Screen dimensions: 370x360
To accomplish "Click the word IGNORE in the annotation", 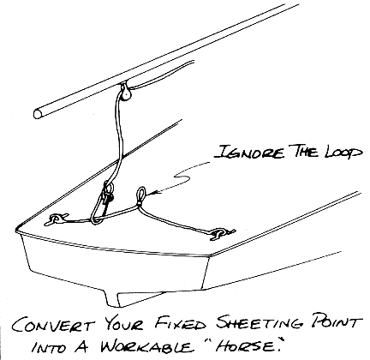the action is coord(249,151).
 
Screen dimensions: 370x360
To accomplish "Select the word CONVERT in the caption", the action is coord(53,325).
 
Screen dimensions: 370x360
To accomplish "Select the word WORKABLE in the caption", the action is coord(146,346).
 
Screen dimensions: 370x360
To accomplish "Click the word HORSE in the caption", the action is coord(245,345).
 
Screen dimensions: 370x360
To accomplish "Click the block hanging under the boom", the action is coord(125,92).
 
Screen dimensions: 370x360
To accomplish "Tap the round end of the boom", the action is coord(38,113).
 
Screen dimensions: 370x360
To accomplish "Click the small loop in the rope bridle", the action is coord(141,195).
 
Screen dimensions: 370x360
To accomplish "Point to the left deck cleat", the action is coord(56,219).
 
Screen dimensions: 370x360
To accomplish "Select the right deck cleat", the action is coord(220,233).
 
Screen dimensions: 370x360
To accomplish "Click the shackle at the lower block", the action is coord(108,192).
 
